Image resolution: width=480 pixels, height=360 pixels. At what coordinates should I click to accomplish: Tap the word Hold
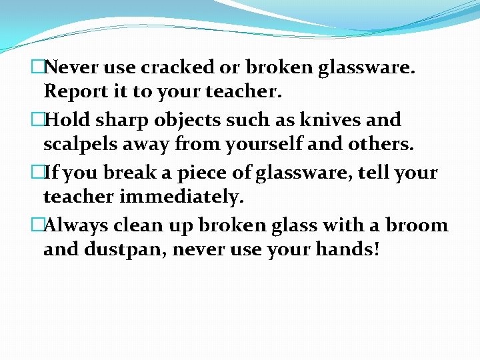click(69, 120)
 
